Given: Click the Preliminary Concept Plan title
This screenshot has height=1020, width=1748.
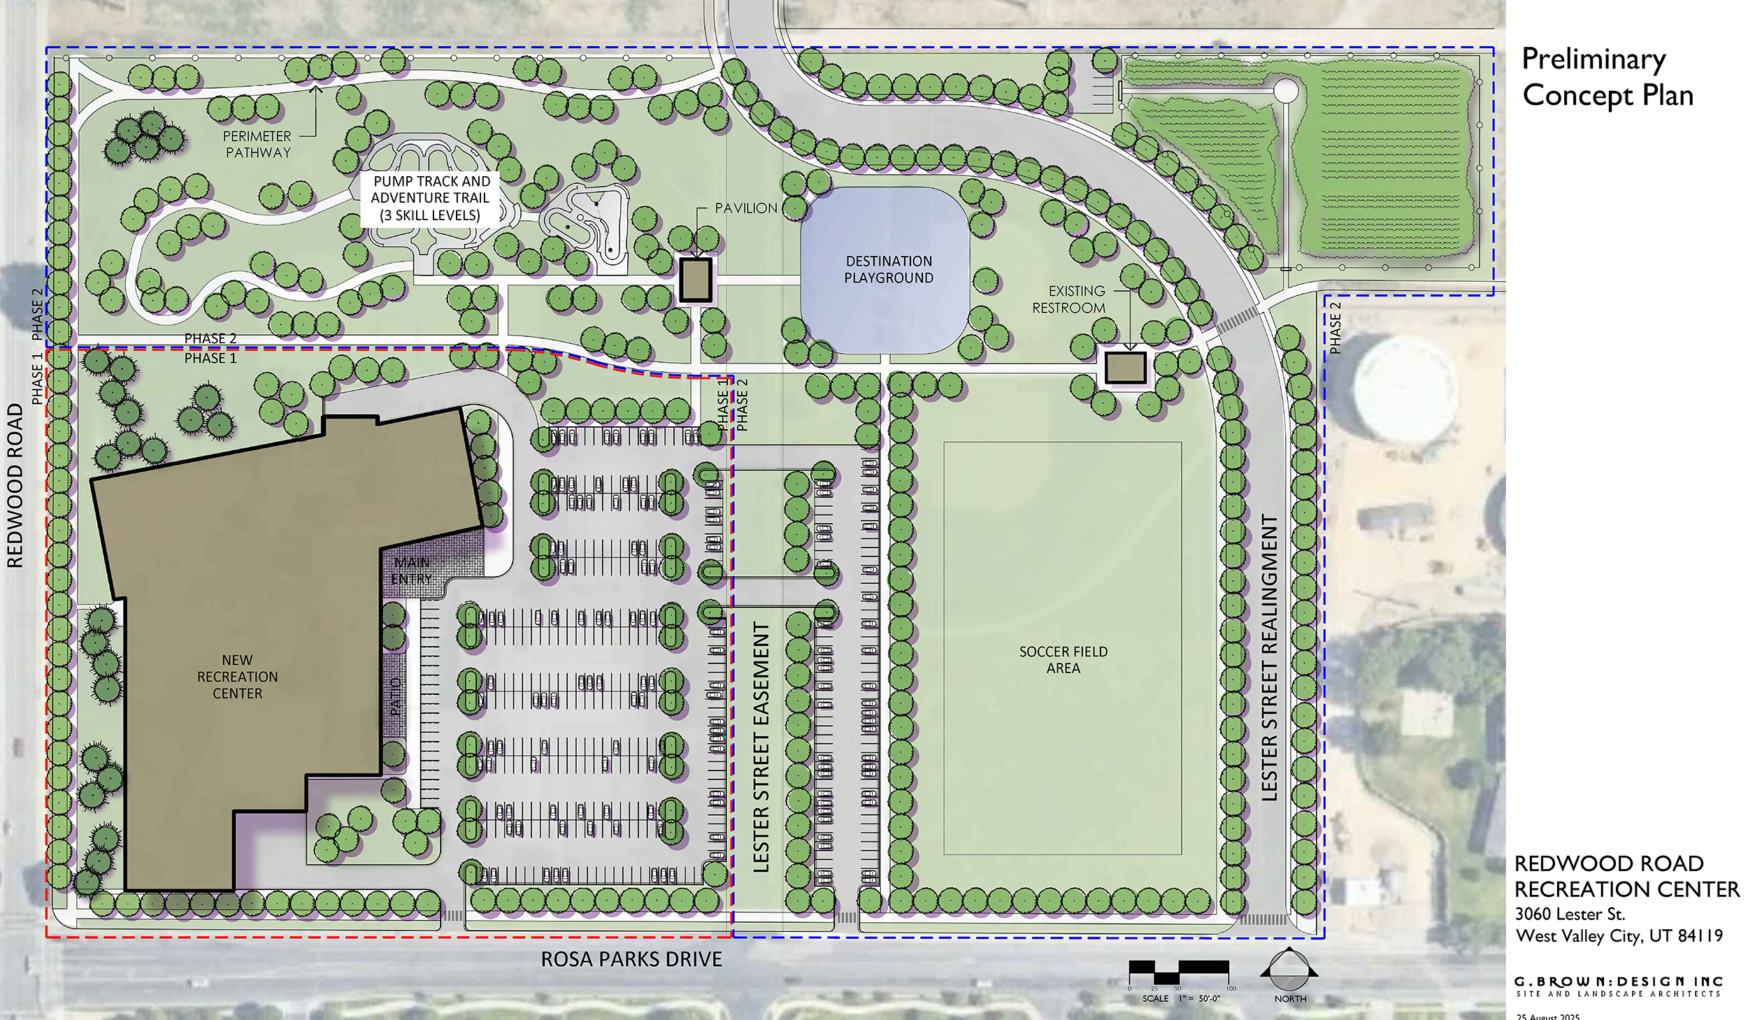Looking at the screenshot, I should pyautogui.click(x=1607, y=77).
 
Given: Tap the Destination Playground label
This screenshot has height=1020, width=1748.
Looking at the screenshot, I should pyautogui.click(x=888, y=269).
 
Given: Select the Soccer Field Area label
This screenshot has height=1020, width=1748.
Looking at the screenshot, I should pyautogui.click(x=1063, y=659).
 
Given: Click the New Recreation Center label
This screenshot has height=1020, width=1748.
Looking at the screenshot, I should pyautogui.click(x=237, y=676).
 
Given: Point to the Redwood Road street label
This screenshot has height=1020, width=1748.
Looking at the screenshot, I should pyautogui.click(x=15, y=486).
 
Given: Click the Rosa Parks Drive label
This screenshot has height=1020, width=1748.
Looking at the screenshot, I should pyautogui.click(x=631, y=959).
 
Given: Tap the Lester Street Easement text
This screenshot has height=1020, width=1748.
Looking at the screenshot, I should pyautogui.click(x=761, y=747).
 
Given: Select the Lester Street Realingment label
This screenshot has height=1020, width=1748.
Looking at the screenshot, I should pyautogui.click(x=1269, y=657).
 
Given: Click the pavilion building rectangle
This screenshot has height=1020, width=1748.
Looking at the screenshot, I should pyautogui.click(x=696, y=280).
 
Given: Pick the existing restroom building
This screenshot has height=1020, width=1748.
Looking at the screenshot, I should pyautogui.click(x=1125, y=368).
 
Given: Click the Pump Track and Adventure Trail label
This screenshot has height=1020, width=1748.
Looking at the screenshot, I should pyautogui.click(x=430, y=198).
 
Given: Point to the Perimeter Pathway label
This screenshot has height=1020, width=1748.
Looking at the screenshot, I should pyautogui.click(x=257, y=144).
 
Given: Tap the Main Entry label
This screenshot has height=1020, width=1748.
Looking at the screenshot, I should pyautogui.click(x=411, y=570).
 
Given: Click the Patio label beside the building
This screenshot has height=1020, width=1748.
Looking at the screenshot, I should pyautogui.click(x=396, y=696).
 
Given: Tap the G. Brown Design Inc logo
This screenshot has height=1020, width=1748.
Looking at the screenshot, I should pyautogui.click(x=1618, y=986).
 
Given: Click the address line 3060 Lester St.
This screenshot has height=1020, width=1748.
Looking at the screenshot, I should pyautogui.click(x=1570, y=914).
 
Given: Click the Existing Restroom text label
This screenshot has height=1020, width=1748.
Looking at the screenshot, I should pyautogui.click(x=1069, y=299).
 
